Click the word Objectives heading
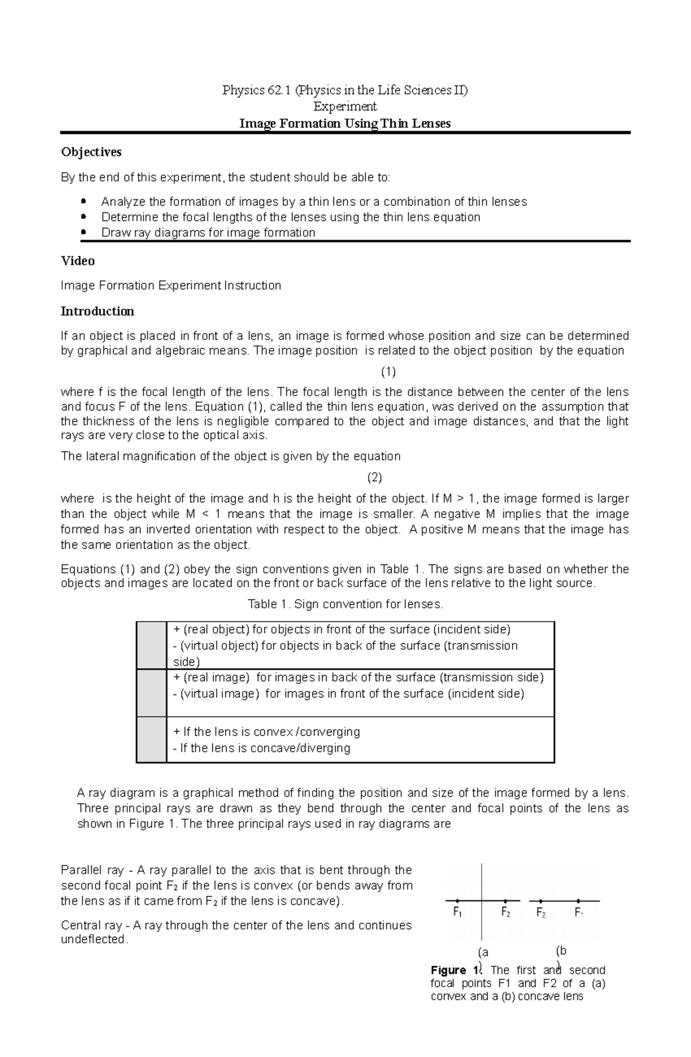click(91, 152)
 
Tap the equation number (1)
click(389, 371)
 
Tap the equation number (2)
click(375, 477)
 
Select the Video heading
click(78, 261)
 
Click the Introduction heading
click(97, 312)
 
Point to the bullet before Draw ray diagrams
click(84, 232)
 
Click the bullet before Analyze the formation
click(84, 201)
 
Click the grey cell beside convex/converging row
click(151, 740)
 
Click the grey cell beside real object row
click(151, 645)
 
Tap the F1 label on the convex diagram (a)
click(458, 912)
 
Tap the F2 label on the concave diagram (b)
click(541, 912)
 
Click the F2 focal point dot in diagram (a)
click(505, 901)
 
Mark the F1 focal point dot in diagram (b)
click(578, 901)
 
